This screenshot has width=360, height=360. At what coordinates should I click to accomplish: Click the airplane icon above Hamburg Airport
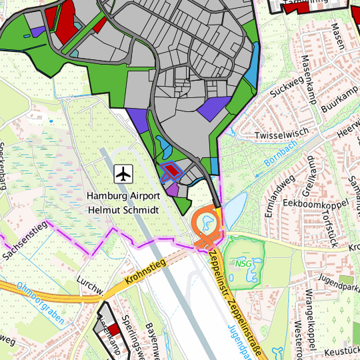pos(123,174)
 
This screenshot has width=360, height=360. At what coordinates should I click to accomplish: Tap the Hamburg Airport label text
pos(123,196)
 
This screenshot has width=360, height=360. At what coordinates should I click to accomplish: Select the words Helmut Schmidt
pos(123,209)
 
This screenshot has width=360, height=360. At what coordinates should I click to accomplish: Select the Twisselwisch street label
pos(282,134)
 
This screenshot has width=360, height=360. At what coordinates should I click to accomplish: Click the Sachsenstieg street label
pos(27,244)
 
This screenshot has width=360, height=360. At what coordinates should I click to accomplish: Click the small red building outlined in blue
pos(173,171)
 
